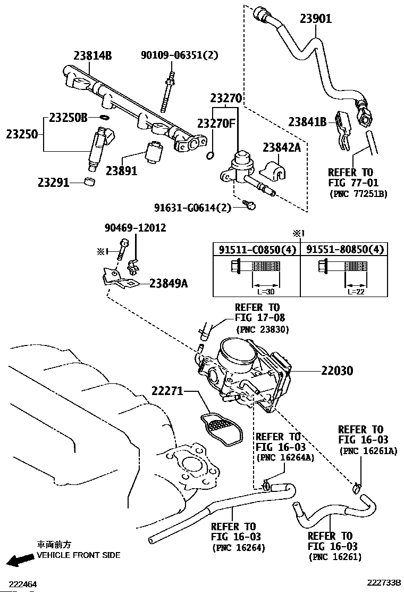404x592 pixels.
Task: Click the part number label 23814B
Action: [92, 56]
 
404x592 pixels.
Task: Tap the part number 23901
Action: [316, 19]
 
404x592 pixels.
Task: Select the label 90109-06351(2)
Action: [179, 55]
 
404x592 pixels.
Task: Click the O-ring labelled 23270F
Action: [211, 155]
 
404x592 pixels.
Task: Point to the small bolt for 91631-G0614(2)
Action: [249, 204]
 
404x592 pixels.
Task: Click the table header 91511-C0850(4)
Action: [257, 250]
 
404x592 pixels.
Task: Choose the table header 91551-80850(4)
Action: [344, 250]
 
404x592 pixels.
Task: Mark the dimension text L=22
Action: [356, 292]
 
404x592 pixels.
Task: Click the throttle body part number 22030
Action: [337, 371]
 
